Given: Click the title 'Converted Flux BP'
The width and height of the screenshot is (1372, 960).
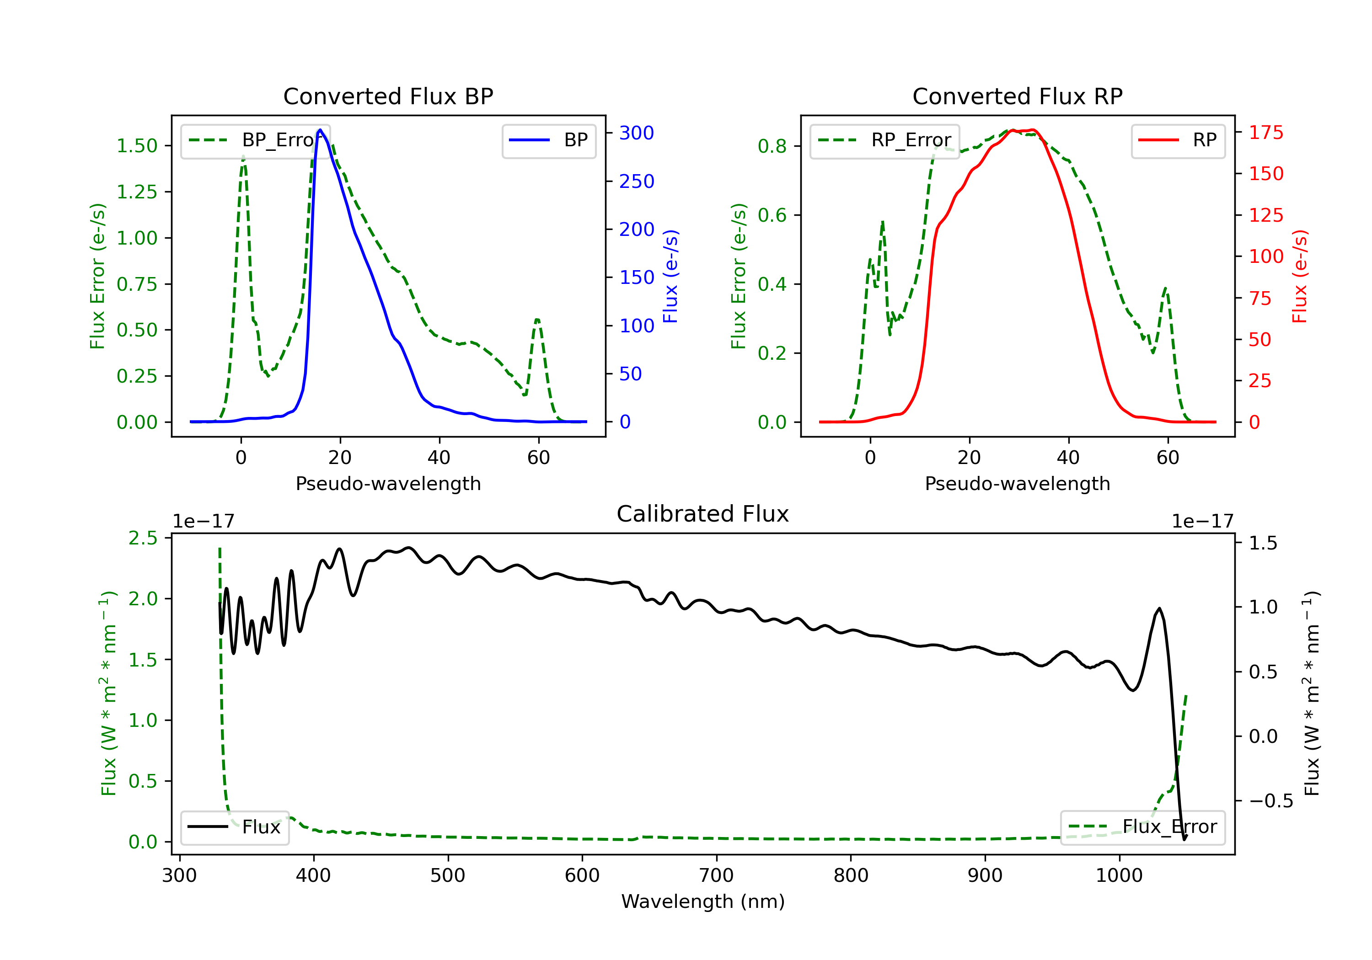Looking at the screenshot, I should [x=388, y=96].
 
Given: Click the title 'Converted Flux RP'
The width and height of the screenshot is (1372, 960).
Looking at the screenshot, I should [x=1017, y=96].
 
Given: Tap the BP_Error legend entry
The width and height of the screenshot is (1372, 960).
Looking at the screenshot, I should [x=255, y=140].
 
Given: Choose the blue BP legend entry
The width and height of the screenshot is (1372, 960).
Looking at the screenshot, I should [x=548, y=140].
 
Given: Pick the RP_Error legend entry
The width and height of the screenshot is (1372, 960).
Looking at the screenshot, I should [x=884, y=140].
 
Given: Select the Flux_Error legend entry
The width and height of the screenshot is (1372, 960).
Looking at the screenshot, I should [x=1142, y=827].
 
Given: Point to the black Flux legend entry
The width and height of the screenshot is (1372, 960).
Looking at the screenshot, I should [x=234, y=827].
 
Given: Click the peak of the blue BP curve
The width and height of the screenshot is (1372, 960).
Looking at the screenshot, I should [x=320, y=130].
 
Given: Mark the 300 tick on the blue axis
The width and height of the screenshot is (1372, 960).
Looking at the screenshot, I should [x=637, y=133].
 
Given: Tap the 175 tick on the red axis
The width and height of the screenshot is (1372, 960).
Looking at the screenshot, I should [x=1265, y=133].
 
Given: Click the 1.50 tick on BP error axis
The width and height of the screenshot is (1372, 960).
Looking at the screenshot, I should [x=137, y=146].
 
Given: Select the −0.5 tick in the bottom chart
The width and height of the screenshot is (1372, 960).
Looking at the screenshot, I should [x=1270, y=801].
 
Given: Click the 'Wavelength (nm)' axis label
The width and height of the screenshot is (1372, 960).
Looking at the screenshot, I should [x=703, y=901].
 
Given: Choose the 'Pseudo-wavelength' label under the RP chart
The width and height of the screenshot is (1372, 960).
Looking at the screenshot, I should [x=1017, y=483].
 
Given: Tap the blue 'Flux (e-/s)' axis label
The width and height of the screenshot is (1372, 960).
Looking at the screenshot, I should [x=670, y=277].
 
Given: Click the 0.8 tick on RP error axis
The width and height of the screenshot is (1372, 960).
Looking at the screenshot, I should [x=772, y=146].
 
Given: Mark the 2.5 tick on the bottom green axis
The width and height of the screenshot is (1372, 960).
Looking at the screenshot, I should [x=143, y=538].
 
